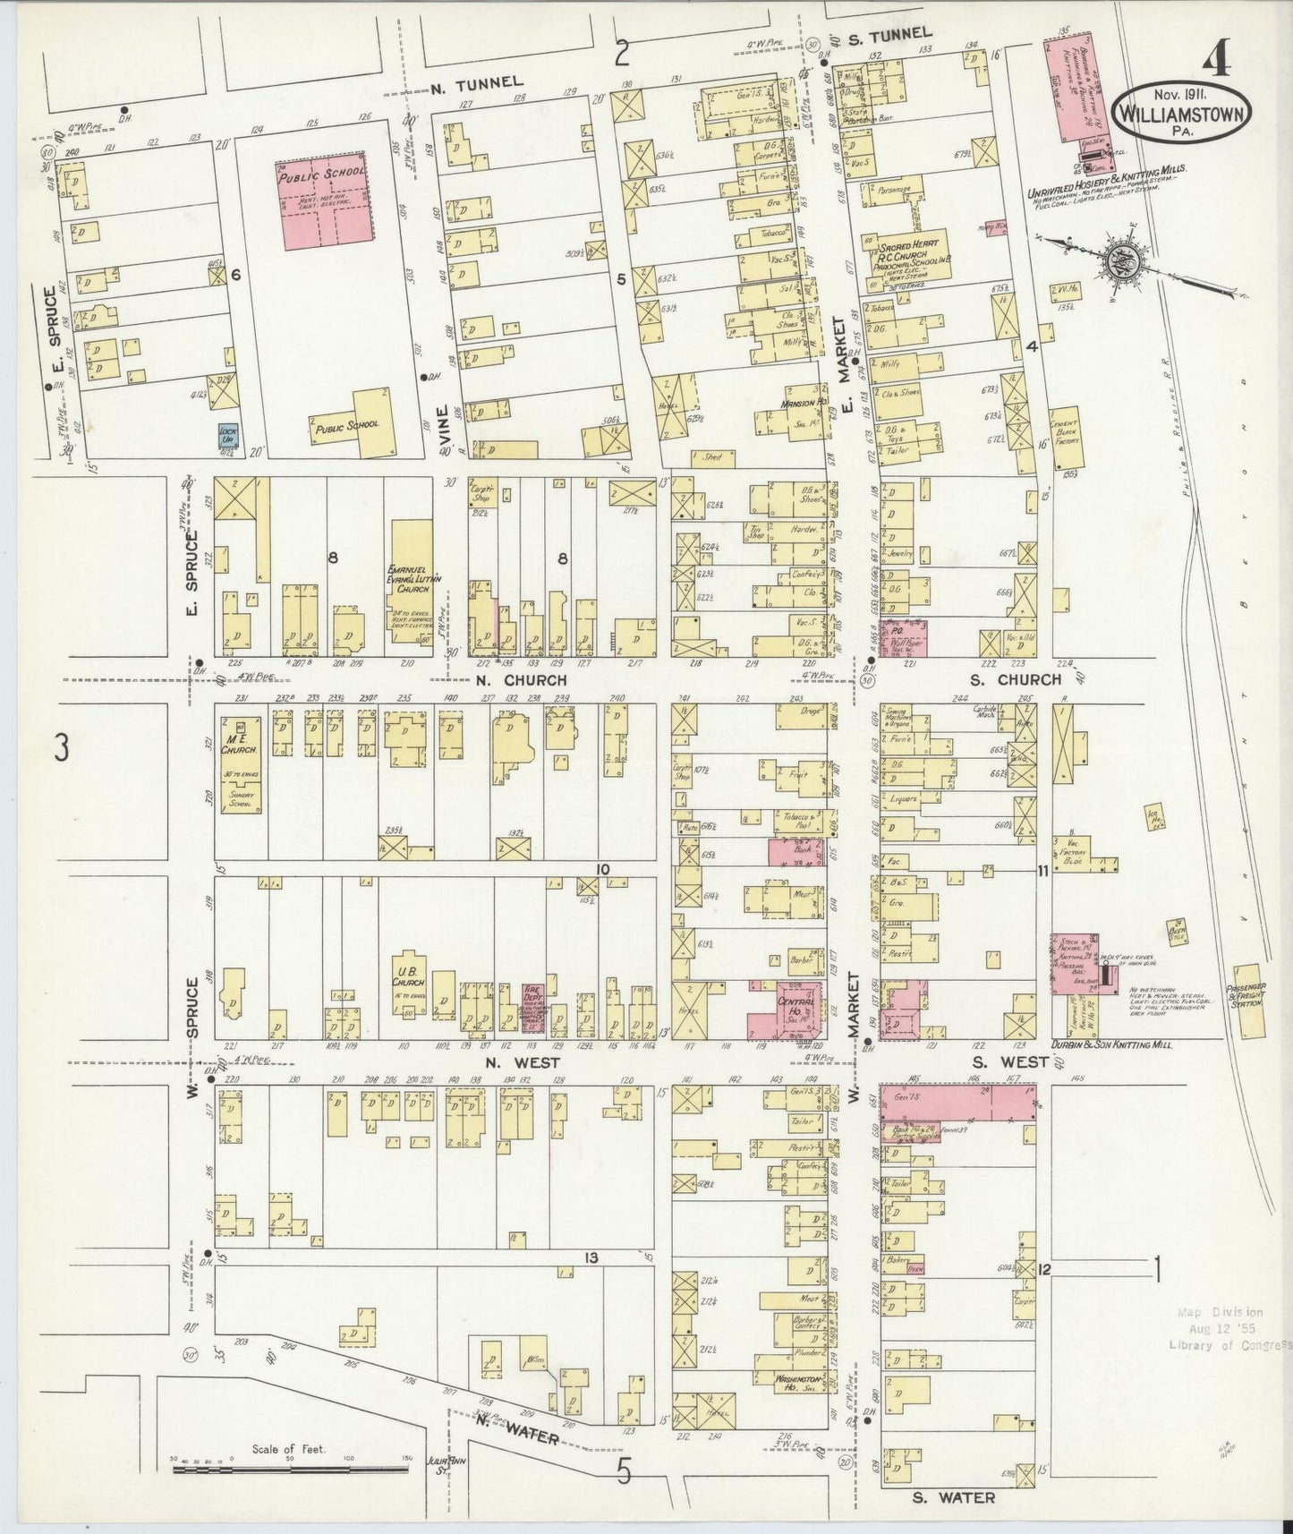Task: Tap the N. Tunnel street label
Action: pos(475,82)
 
